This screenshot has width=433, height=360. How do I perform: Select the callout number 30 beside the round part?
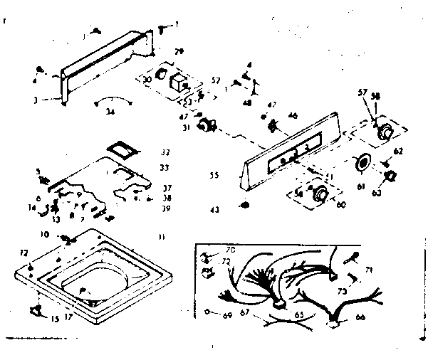[x=147, y=80]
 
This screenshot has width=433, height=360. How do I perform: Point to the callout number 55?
[x=213, y=174]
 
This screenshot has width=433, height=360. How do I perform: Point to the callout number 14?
[x=31, y=208]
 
